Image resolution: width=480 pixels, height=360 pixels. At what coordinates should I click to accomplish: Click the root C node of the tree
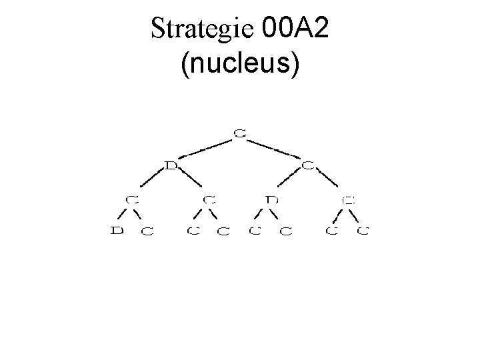[239, 132]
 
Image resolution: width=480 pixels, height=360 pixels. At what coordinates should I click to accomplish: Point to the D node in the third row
[271, 199]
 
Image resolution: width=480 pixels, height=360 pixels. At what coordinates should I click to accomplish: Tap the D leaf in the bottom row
[117, 232]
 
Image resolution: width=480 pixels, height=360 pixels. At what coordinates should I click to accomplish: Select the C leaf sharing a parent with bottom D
[147, 232]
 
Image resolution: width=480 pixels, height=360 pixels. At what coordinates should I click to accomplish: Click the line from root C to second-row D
[205, 149]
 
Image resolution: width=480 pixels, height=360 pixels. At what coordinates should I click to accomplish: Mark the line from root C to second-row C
[273, 149]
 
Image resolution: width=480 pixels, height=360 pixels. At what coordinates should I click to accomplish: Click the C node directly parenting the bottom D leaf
[133, 199]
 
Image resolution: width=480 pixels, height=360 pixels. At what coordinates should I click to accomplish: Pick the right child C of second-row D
[209, 199]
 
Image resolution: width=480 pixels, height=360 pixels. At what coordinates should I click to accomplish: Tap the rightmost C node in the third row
[347, 199]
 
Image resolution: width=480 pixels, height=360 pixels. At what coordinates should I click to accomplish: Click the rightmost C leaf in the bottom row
[362, 232]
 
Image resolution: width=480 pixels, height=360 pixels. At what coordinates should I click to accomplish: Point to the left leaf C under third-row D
[253, 232]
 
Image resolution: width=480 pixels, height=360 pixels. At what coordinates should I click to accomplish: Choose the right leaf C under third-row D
[285, 232]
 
